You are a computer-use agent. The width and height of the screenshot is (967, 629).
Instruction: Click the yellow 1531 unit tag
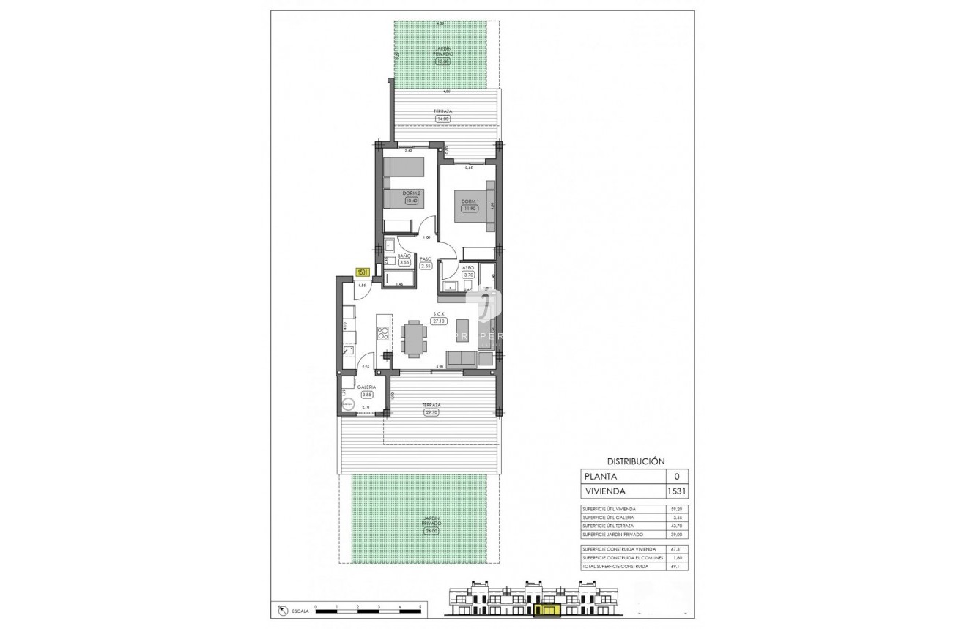click(362, 272)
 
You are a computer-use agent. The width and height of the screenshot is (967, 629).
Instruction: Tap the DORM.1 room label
click(469, 201)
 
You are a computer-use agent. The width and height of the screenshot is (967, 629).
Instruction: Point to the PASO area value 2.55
click(426, 267)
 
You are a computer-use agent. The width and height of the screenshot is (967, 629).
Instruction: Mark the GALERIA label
click(367, 387)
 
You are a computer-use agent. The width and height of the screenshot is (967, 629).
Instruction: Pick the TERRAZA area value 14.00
click(442, 119)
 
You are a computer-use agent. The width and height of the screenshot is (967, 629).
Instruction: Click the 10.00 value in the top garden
click(442, 62)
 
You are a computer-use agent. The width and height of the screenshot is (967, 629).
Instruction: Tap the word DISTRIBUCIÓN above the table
click(635, 461)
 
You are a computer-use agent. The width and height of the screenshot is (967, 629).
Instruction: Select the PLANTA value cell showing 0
click(676, 476)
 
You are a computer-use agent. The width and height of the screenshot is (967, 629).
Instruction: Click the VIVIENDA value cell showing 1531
click(676, 491)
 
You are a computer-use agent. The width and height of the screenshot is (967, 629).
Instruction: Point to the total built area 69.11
click(676, 566)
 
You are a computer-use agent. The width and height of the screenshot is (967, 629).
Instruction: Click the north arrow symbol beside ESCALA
click(284, 609)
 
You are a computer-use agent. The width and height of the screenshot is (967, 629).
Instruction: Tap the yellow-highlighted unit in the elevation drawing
click(546, 609)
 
